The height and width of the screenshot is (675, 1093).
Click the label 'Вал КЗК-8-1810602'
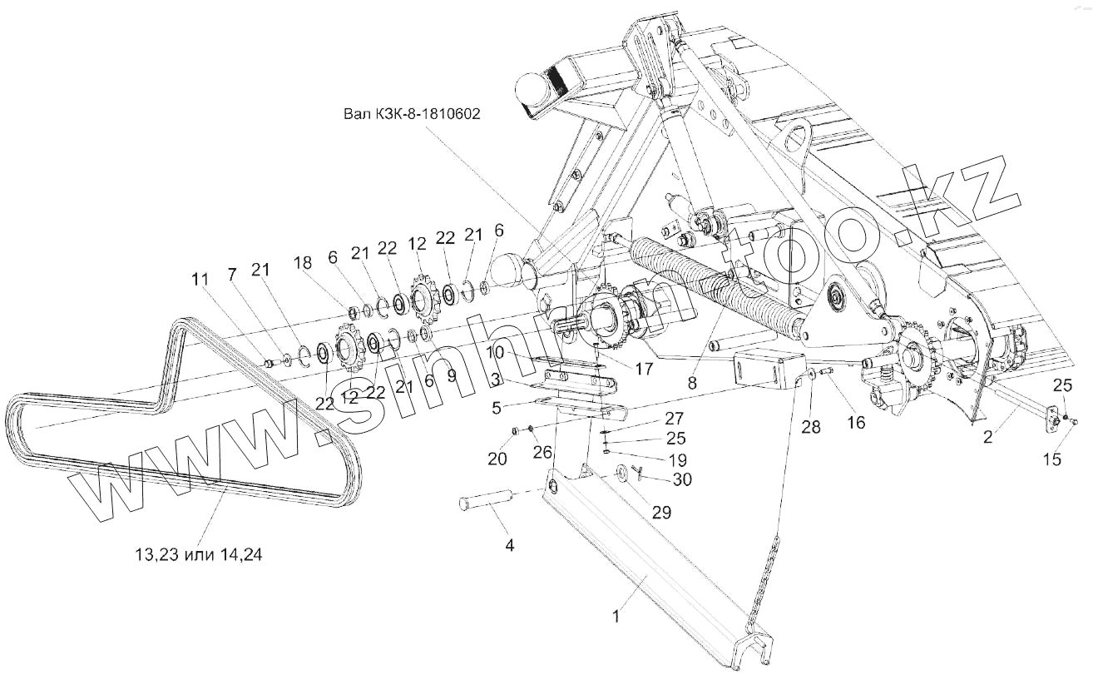[412, 114]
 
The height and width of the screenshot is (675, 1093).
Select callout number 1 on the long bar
[616, 617]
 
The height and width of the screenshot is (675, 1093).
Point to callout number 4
[510, 546]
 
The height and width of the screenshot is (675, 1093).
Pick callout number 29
[661, 513]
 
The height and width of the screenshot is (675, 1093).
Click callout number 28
[810, 427]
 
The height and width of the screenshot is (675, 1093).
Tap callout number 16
[856, 423]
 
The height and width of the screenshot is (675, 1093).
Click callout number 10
[496, 352]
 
